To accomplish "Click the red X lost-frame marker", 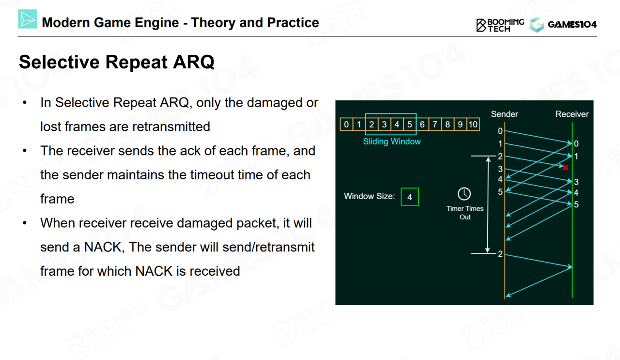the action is click(565, 167).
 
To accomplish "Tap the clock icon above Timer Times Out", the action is click(464, 194).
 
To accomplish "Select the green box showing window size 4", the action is click(410, 197).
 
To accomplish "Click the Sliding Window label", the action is click(392, 141).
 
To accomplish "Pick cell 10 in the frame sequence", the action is click(473, 125).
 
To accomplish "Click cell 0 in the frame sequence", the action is click(346, 125).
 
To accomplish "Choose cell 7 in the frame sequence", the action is click(435, 125).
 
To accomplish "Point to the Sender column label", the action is click(504, 114).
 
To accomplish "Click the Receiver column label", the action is click(572, 114).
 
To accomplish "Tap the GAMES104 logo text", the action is click(572, 24).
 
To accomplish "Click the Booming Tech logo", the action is click(500, 25).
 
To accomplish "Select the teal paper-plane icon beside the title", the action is click(28, 19).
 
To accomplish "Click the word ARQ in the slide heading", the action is click(193, 62).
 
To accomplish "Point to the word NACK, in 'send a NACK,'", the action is click(103, 247).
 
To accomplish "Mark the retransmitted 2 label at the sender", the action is click(500, 254).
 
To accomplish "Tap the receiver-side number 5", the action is click(576, 204).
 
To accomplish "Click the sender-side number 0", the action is click(500, 131).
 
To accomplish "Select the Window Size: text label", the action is click(369, 196).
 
